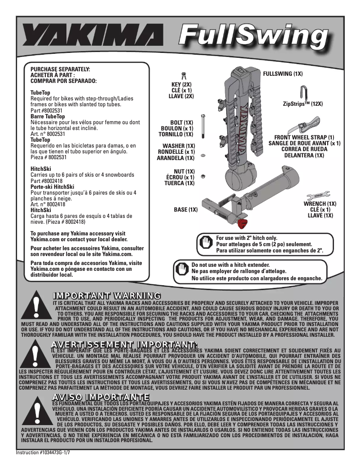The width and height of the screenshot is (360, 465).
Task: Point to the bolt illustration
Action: (x=203, y=126)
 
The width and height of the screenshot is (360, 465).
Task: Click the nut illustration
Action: (x=203, y=175)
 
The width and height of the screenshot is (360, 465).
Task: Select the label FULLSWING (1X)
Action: (x=283, y=73)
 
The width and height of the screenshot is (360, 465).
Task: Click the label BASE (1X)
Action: (x=186, y=209)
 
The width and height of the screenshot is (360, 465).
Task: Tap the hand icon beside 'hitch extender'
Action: (x=181, y=271)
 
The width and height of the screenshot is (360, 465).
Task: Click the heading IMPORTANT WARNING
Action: (x=106, y=296)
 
